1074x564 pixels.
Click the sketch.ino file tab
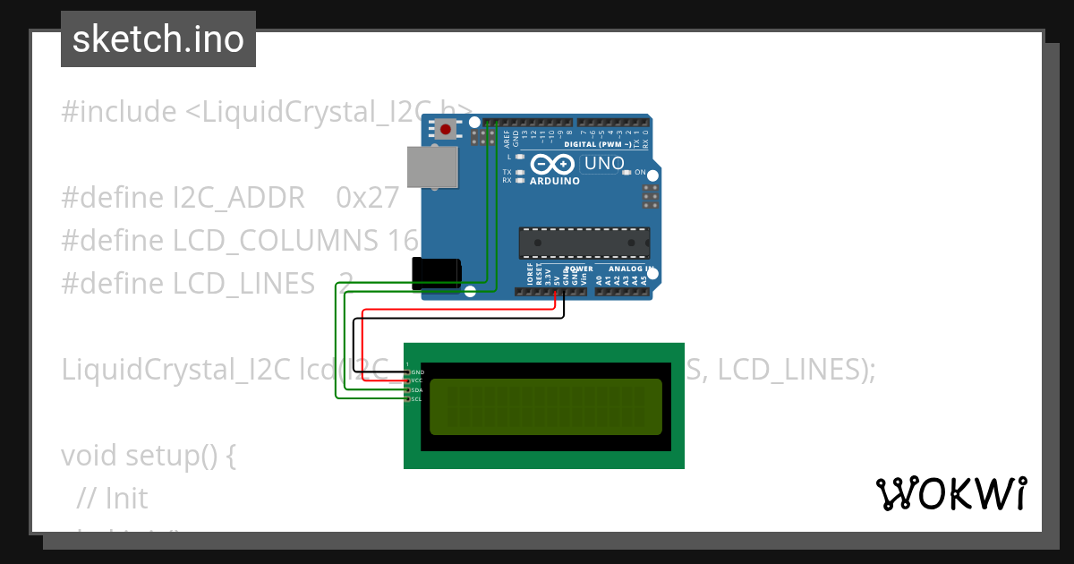(x=158, y=39)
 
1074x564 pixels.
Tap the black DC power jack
(x=436, y=273)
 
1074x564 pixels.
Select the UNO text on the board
(x=604, y=164)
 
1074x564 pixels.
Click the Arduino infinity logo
(x=553, y=164)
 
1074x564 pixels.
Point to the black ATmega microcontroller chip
(x=584, y=243)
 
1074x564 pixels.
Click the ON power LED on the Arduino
(x=627, y=172)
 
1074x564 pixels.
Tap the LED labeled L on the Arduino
(x=519, y=157)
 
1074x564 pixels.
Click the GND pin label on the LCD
(x=417, y=372)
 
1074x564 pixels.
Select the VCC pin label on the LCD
(x=417, y=380)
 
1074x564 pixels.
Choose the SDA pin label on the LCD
(x=417, y=390)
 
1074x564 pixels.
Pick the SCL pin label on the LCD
(x=417, y=399)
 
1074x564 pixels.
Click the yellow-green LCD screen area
(x=546, y=406)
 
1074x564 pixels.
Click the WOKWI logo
(x=951, y=493)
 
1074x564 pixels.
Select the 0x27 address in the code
(x=367, y=197)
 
